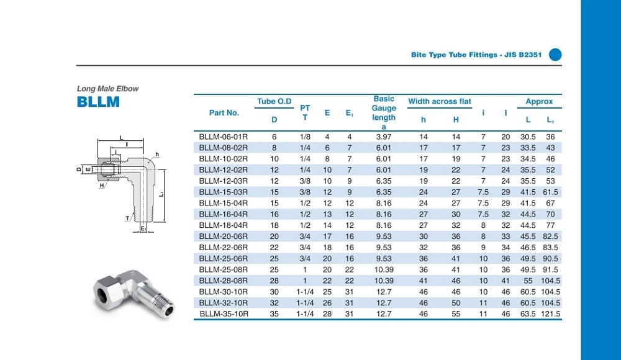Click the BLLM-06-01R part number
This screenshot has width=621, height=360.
click(224, 137)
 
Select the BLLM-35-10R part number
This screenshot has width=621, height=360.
click(224, 314)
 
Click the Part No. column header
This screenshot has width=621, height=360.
click(224, 113)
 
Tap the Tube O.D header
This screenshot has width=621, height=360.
click(274, 101)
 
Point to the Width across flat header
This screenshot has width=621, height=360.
click(440, 101)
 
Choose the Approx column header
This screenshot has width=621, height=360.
click(539, 101)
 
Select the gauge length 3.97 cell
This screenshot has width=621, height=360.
click(384, 137)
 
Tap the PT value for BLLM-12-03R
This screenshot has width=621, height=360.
click(305, 181)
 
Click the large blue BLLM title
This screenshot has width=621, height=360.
click(98, 102)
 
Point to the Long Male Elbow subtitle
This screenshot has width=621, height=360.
click(107, 89)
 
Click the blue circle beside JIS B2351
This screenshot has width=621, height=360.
click(555, 55)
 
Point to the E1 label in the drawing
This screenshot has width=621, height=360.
click(143, 229)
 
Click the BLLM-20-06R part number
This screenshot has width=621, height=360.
click(224, 236)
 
